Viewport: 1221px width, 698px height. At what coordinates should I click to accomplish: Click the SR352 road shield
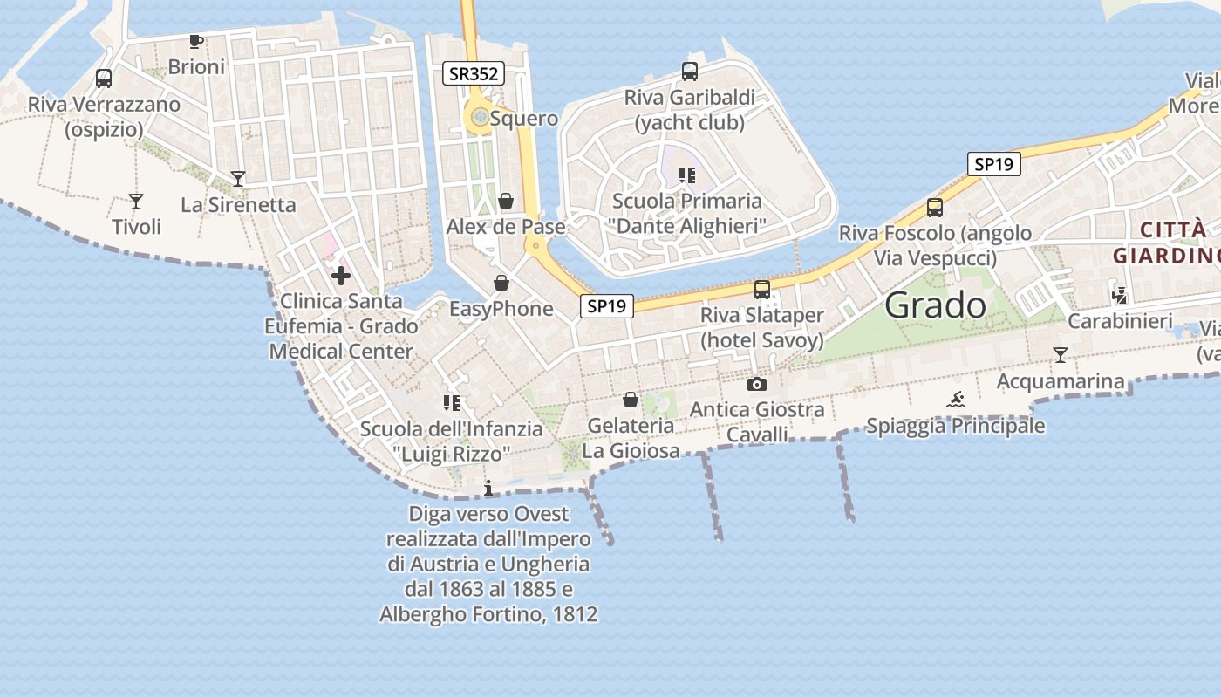tap(474, 74)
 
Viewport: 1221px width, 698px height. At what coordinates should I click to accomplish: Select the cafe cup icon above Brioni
tap(196, 42)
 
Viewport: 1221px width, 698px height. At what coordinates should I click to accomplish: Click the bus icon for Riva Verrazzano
tap(104, 79)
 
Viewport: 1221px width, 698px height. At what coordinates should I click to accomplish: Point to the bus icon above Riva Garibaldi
tap(690, 72)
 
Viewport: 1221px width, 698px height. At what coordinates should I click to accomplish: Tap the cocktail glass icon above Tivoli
tap(136, 202)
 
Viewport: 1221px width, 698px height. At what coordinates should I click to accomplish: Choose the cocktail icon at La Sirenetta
tap(238, 179)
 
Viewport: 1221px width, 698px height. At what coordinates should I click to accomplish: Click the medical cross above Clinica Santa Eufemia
tap(341, 277)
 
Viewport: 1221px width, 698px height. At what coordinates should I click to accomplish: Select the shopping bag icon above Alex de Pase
tap(506, 202)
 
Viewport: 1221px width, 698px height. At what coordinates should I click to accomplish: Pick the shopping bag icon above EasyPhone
tap(501, 283)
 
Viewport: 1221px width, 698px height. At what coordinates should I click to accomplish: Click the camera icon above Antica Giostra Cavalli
tap(757, 384)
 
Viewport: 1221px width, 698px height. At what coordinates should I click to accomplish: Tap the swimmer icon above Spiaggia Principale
tap(956, 400)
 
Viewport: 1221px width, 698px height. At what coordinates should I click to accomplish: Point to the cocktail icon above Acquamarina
tap(1061, 355)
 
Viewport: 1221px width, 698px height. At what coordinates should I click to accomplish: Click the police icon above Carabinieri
tap(1120, 295)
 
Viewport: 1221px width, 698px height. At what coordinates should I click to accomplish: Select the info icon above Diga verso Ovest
tap(488, 488)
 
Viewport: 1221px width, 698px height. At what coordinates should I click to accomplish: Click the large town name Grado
tap(936, 305)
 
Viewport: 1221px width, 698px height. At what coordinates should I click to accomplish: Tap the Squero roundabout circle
tap(479, 117)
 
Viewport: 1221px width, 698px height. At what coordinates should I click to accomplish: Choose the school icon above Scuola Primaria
tap(687, 175)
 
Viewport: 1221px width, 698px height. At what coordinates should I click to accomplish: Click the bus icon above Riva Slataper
tap(762, 290)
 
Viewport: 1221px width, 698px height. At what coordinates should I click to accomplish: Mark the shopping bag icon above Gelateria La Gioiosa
tap(631, 400)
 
